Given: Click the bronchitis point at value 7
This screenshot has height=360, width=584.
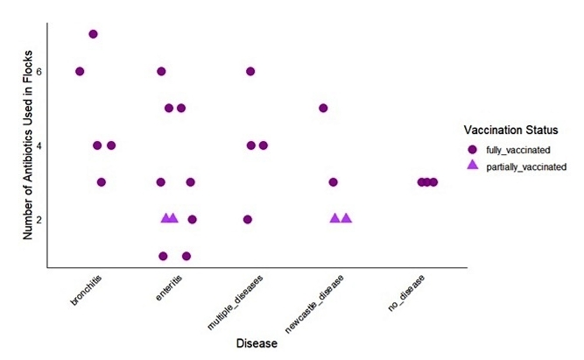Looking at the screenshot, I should [94, 34].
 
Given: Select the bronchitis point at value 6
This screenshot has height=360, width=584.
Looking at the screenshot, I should [80, 72].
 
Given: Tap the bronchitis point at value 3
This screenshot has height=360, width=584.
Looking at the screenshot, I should [102, 182].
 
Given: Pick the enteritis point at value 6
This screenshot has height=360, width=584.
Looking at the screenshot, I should [162, 72].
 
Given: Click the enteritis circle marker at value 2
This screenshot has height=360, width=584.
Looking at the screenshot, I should [193, 219].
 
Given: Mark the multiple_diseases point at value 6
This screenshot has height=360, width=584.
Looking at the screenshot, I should [250, 72].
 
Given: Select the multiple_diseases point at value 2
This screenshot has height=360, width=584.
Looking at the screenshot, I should [248, 219].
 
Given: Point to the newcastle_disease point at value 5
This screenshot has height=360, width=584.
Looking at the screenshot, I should [324, 109].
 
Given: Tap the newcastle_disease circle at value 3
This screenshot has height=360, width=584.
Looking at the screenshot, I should [334, 182].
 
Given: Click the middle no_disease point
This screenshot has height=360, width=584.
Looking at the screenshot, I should [427, 182].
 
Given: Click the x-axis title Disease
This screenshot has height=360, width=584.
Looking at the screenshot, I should [257, 343].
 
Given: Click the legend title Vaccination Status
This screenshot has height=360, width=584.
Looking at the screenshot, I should [512, 130].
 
